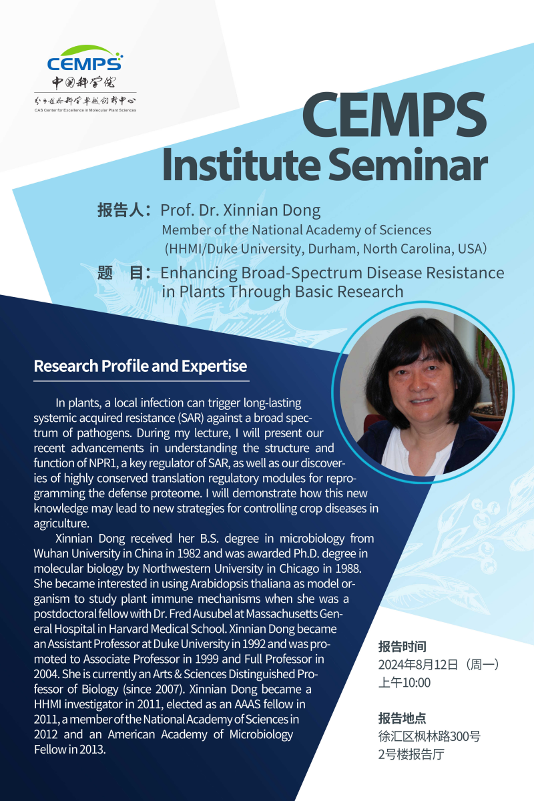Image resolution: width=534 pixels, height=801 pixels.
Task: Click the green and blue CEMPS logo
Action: (x=85, y=58)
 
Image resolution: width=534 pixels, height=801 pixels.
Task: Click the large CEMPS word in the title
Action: (x=394, y=114)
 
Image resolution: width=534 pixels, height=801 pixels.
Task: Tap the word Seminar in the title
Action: (x=408, y=164)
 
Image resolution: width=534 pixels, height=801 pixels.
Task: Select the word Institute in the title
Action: (x=241, y=164)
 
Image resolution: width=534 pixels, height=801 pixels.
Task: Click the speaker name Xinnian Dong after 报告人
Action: (x=272, y=210)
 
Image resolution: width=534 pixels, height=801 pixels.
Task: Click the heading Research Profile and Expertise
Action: (x=140, y=366)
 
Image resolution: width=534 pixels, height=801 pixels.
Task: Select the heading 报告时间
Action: (x=403, y=647)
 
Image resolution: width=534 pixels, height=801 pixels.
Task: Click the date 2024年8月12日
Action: (x=418, y=665)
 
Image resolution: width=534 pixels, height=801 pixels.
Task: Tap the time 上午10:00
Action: (x=405, y=683)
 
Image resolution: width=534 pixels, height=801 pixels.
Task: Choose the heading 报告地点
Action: (x=403, y=718)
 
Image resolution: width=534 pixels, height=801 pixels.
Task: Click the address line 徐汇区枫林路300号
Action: (x=429, y=736)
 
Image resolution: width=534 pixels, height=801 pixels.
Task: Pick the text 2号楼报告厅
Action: (x=411, y=754)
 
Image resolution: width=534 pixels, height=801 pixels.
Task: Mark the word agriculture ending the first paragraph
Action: (x=61, y=523)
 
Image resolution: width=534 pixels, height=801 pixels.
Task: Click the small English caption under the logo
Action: (x=85, y=110)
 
